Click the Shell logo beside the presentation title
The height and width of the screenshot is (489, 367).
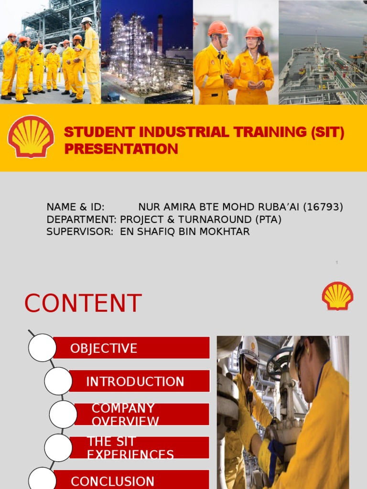[31, 137]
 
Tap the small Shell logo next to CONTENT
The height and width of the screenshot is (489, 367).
[337, 296]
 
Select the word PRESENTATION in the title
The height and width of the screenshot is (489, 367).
[121, 149]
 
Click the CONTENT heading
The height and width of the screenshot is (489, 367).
[83, 304]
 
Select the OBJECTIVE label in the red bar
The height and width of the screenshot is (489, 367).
[104, 349]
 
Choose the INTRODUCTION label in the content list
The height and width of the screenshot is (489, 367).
[135, 382]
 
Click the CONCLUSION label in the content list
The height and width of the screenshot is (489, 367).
[112, 481]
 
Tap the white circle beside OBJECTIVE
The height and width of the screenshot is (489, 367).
[42, 348]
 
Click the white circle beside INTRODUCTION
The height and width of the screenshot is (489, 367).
[58, 381]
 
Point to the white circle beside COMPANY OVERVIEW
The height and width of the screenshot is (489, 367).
[63, 414]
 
